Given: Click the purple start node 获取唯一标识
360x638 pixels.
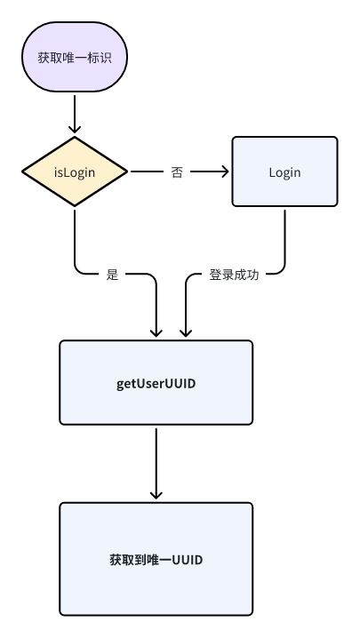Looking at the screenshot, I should [x=75, y=58].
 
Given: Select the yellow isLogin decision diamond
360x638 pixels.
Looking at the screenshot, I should [x=75, y=171].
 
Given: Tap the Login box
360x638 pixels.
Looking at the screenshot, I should [x=284, y=171].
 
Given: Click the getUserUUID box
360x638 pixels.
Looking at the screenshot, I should [x=156, y=384].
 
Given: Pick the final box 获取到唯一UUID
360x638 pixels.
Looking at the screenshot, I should [x=156, y=559].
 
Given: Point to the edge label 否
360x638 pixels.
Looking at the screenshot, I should [x=177, y=172].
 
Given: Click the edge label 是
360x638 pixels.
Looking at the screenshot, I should [x=112, y=275].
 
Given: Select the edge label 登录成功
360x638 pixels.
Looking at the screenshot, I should [x=234, y=275].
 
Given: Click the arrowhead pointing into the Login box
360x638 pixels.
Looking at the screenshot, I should [x=224, y=171].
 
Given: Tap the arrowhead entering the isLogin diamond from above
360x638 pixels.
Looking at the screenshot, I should [x=75, y=130].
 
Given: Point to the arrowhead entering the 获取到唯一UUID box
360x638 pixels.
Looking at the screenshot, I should [x=156, y=495].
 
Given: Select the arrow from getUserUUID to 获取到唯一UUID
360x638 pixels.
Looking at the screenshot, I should [x=156, y=462].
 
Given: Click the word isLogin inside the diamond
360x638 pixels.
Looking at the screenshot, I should [x=75, y=171].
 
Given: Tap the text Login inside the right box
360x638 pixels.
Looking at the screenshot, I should [x=284, y=171].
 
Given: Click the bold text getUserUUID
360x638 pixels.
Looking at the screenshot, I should [x=156, y=384].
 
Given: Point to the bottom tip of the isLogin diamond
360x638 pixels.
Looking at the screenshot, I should [x=75, y=206].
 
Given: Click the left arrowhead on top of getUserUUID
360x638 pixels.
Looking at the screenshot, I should [x=156, y=332].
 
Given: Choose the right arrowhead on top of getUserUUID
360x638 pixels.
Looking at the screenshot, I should [x=185, y=332].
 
